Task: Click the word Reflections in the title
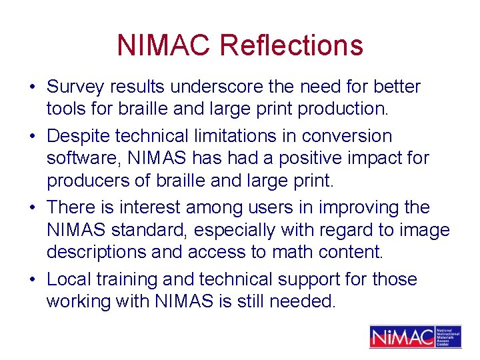(x=291, y=45)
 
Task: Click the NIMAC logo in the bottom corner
(x=415, y=336)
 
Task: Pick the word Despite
(x=79, y=137)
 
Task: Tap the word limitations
(x=242, y=137)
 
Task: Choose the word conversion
(x=347, y=137)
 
